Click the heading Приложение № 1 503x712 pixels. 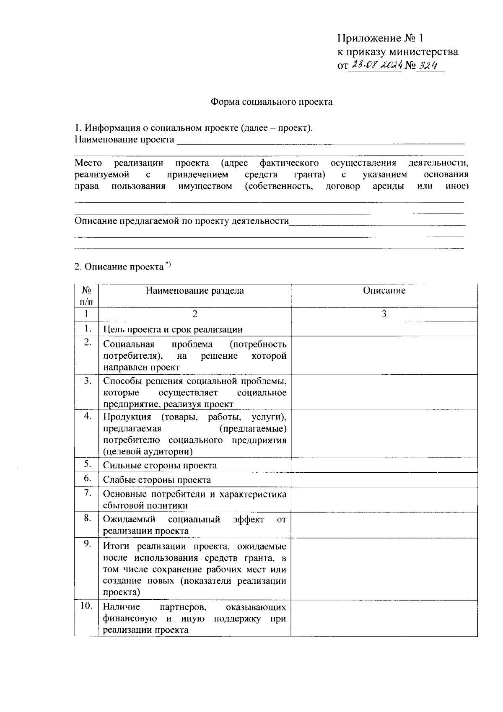point(381,39)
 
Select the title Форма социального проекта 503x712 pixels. point(271,101)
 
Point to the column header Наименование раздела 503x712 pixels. point(194,291)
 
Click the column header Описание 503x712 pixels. point(384,291)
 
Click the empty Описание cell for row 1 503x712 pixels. point(384,329)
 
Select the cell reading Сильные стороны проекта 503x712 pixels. point(160,465)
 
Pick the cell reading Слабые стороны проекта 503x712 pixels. point(157,480)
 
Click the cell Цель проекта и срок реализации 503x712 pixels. point(173,329)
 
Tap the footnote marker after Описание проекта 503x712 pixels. point(168,264)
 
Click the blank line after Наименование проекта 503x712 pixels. point(321,140)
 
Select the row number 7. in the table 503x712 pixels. point(87,492)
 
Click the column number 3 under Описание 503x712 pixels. point(384,314)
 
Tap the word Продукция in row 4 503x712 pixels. point(127,417)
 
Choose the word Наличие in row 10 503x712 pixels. point(122,607)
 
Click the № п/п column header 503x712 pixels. point(86,295)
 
